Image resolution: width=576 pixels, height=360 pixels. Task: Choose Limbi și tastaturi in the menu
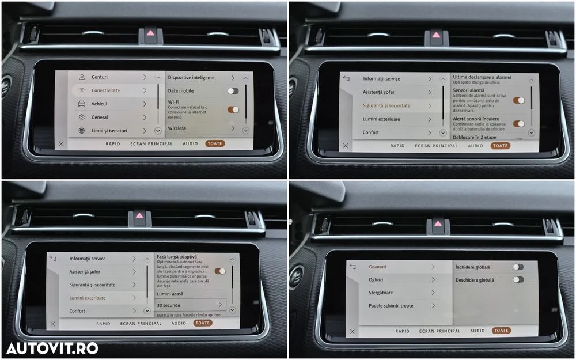(x=109, y=131)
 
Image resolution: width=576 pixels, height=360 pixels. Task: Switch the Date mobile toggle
(x=233, y=91)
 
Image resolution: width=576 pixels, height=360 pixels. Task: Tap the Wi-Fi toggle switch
(x=233, y=109)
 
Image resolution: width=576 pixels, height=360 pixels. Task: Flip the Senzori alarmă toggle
(x=519, y=100)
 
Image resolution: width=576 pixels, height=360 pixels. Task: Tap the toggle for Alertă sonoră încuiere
(x=519, y=123)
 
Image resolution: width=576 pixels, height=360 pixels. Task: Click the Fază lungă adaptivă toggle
(x=220, y=271)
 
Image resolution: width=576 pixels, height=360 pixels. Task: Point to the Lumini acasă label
(x=170, y=294)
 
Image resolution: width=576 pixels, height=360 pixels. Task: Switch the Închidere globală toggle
(x=518, y=267)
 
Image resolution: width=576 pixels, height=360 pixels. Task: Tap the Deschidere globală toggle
(x=518, y=280)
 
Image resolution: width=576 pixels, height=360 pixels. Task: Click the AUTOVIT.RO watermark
(x=52, y=348)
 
